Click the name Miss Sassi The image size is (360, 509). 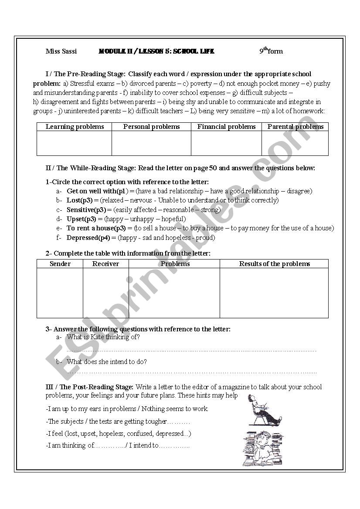click(x=61, y=51)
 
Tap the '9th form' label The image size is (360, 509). click(x=271, y=51)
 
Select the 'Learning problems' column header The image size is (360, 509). click(x=75, y=127)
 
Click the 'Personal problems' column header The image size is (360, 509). click(x=151, y=127)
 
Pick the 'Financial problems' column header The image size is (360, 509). click(x=226, y=127)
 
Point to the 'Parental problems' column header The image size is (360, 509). click(x=295, y=127)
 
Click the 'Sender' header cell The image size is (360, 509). click(x=60, y=264)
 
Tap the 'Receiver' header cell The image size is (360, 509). click(x=105, y=264)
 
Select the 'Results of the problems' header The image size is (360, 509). click(x=274, y=264)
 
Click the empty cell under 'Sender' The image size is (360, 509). click(x=60, y=293)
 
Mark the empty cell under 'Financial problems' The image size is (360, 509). click(x=226, y=143)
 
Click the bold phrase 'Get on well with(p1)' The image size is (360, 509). click(x=98, y=191)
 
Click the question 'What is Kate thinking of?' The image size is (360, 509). click(x=103, y=337)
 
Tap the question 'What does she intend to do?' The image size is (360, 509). click(x=107, y=361)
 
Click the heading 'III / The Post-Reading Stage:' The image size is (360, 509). click(x=90, y=387)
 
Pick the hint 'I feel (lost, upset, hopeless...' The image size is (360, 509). click(x=119, y=434)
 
